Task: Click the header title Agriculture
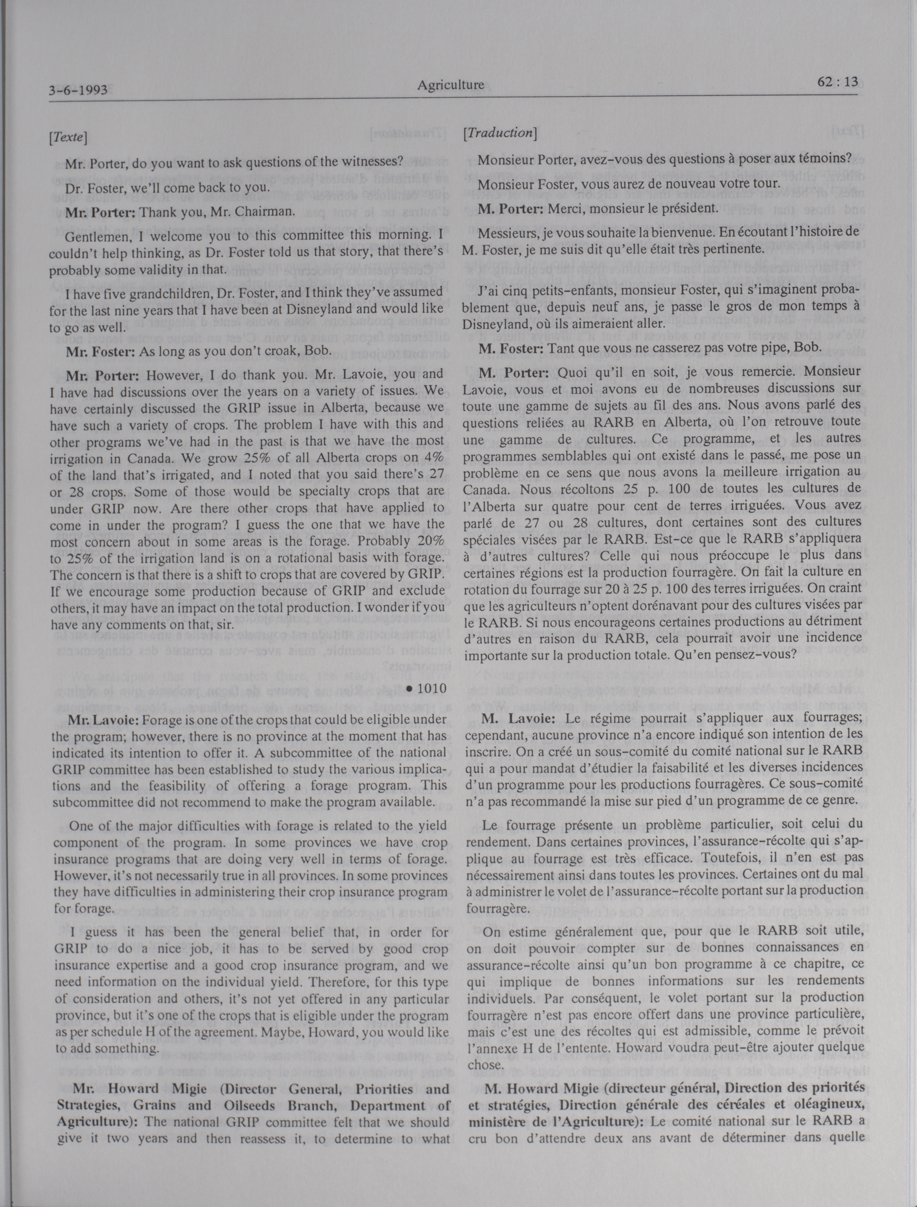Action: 450,85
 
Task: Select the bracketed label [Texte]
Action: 68,138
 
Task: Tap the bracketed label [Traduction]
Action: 499,133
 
